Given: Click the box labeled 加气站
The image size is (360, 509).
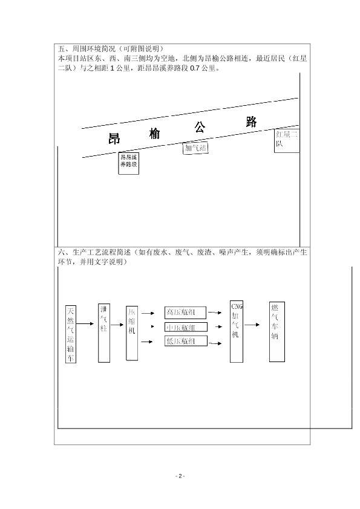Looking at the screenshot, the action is click(195, 148).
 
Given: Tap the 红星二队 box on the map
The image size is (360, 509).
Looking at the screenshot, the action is click(287, 141).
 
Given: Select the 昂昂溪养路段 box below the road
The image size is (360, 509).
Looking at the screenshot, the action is click(129, 163).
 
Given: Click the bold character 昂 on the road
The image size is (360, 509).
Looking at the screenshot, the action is click(114, 138).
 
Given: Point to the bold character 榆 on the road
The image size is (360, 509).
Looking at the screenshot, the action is click(155, 134).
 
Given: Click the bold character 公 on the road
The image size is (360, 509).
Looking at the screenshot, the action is click(200, 127).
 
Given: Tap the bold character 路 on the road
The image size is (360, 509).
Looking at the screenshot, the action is click(251, 122).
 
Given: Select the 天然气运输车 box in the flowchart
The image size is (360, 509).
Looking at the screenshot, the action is click(71, 334).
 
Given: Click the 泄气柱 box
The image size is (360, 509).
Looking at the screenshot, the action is click(104, 333).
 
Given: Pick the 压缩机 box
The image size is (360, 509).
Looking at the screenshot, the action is click(132, 333).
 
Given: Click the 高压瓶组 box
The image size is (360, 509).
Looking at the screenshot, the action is click(185, 313).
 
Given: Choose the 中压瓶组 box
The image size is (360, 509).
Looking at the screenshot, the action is click(186, 327).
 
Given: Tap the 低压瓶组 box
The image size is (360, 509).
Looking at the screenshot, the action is click(186, 341).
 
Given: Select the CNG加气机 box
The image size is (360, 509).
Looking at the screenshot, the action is click(237, 331).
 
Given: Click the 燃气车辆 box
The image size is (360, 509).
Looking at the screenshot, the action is click(277, 332).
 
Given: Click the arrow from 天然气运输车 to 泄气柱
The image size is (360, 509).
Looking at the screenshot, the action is click(85, 323).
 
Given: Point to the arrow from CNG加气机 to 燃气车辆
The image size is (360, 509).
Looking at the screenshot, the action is click(252, 325).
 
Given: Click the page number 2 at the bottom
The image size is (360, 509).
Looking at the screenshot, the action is click(180, 476).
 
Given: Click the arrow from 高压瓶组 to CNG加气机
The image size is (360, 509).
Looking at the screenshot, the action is click(215, 313).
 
